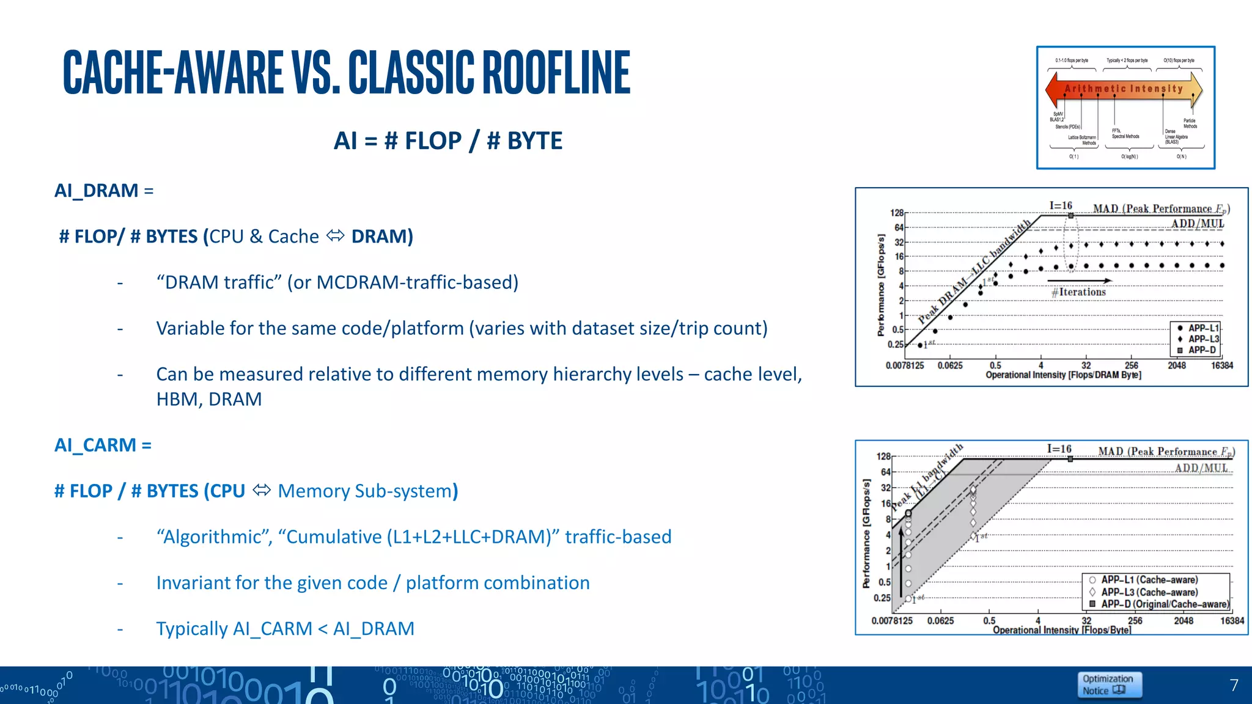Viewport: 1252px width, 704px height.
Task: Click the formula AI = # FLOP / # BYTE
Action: click(x=447, y=141)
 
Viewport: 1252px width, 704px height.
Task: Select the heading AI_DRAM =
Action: click(x=103, y=191)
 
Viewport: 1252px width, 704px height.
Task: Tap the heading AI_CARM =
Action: click(x=103, y=445)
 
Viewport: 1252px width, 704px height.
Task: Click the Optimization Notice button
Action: click(x=1108, y=684)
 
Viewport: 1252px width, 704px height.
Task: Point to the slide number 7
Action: click(x=1234, y=685)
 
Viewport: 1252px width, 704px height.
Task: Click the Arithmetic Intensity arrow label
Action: click(x=1124, y=89)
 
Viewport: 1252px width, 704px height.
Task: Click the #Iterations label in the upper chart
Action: click(x=1078, y=292)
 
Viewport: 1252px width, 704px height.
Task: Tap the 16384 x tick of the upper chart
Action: click(x=1221, y=365)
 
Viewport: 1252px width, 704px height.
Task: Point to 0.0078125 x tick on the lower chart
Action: click(x=892, y=621)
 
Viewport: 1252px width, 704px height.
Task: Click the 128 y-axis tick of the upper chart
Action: click(x=896, y=213)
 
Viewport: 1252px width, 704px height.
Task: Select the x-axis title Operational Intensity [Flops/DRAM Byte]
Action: click(x=1063, y=375)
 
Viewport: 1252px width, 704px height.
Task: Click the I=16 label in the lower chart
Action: click(x=1059, y=449)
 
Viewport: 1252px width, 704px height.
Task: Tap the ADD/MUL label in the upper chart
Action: click(x=1197, y=224)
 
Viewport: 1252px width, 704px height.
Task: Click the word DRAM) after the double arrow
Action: click(x=382, y=237)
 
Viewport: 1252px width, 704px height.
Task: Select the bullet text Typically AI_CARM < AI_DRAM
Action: click(x=285, y=629)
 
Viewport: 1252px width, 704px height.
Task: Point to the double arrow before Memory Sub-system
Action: click(x=262, y=490)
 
